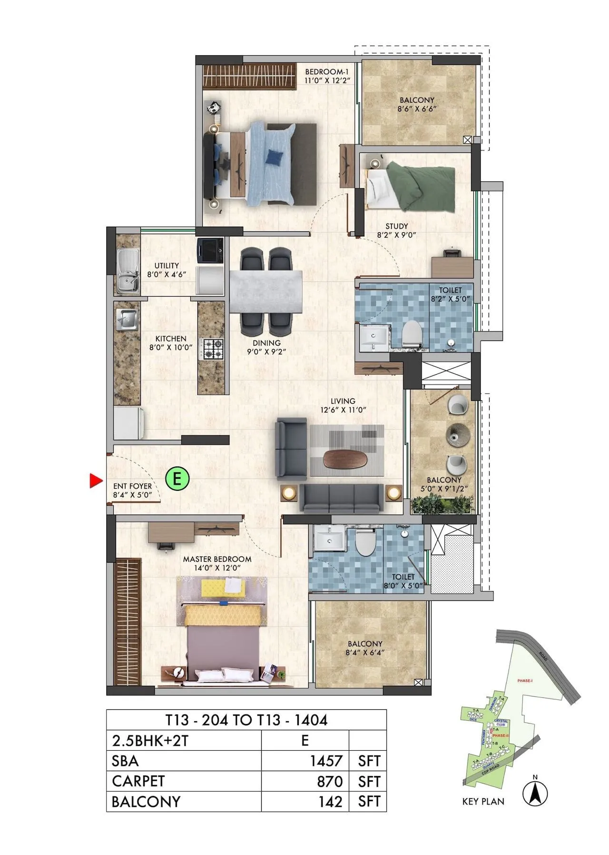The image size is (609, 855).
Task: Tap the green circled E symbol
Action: click(177, 477)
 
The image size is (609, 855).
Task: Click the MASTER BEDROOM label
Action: click(217, 559)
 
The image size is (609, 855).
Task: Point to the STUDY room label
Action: click(396, 227)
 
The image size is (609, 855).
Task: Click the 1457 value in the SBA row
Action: click(326, 761)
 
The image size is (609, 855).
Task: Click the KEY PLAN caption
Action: click(483, 802)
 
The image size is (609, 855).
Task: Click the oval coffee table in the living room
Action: click(345, 458)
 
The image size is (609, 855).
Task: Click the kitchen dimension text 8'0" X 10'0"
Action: click(171, 348)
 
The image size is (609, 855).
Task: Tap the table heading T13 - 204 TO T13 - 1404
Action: click(246, 720)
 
